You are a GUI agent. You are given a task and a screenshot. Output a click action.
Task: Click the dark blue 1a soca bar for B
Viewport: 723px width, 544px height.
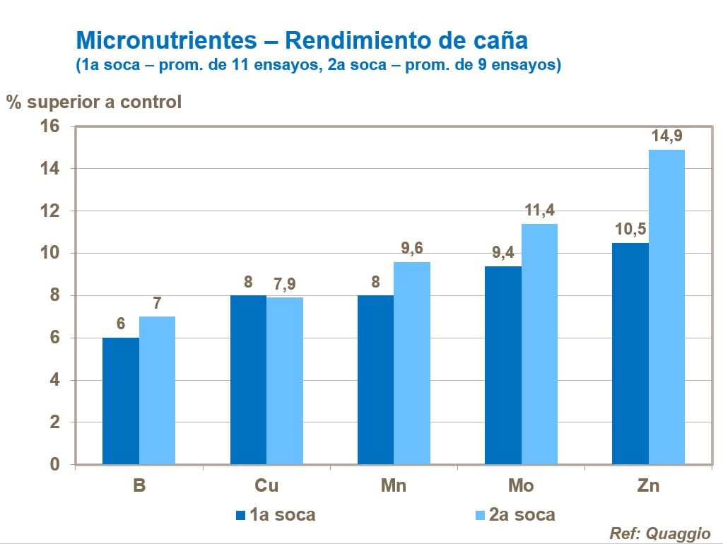[121, 401]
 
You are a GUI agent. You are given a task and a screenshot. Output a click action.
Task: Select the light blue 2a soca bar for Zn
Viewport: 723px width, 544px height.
[666, 307]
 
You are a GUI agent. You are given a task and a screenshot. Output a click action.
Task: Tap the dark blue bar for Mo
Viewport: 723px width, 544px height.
[503, 365]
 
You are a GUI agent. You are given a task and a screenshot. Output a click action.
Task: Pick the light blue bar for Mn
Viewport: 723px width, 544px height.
[412, 362]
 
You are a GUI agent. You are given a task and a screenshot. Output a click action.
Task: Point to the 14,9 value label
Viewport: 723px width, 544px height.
[666, 136]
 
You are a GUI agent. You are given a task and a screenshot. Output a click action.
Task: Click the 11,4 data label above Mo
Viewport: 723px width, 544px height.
[539, 211]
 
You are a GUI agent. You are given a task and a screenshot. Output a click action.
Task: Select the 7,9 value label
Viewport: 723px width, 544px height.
[285, 284]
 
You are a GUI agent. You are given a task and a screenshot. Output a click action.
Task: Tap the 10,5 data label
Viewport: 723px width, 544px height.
[630, 230]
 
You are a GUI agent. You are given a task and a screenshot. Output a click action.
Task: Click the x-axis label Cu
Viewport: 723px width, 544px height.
[266, 486]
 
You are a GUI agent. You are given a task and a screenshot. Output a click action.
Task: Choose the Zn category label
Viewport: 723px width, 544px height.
[648, 486]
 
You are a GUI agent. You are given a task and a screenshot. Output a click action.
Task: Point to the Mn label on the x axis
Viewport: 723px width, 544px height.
[394, 486]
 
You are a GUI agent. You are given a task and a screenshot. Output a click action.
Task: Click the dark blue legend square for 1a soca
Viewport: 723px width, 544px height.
[241, 515]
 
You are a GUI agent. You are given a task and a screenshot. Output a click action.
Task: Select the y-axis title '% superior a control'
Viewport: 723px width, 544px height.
[94, 102]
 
